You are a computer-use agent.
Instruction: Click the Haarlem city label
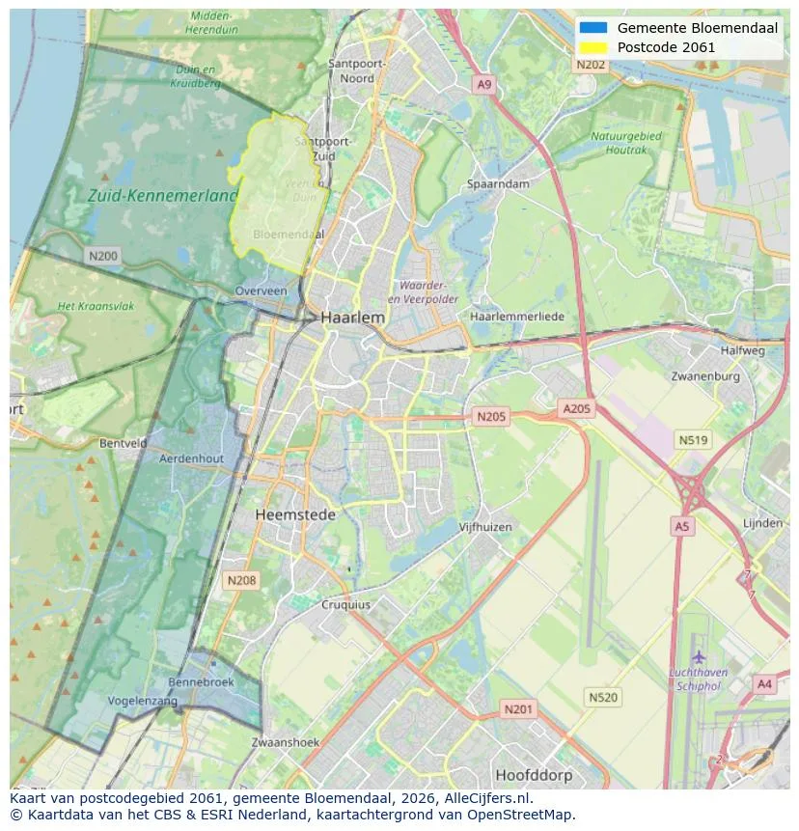(x=352, y=317)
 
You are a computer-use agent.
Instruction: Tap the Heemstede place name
(x=295, y=515)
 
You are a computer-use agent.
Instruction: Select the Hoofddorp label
(x=534, y=775)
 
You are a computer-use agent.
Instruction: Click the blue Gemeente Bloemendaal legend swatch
(x=593, y=28)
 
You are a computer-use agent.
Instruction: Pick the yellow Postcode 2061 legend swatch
(x=593, y=47)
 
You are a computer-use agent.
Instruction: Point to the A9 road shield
(x=484, y=86)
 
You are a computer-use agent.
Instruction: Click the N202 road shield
(x=591, y=65)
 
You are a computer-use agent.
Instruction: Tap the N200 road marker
(x=102, y=256)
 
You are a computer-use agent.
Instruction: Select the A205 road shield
(x=576, y=409)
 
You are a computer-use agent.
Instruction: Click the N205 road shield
(x=490, y=417)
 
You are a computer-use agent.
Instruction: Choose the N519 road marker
(x=693, y=440)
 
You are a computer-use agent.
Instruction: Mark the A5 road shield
(x=682, y=526)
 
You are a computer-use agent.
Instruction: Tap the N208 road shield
(x=240, y=580)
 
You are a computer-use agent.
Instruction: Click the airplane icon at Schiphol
(x=699, y=657)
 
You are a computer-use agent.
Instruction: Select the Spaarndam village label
(x=498, y=183)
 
